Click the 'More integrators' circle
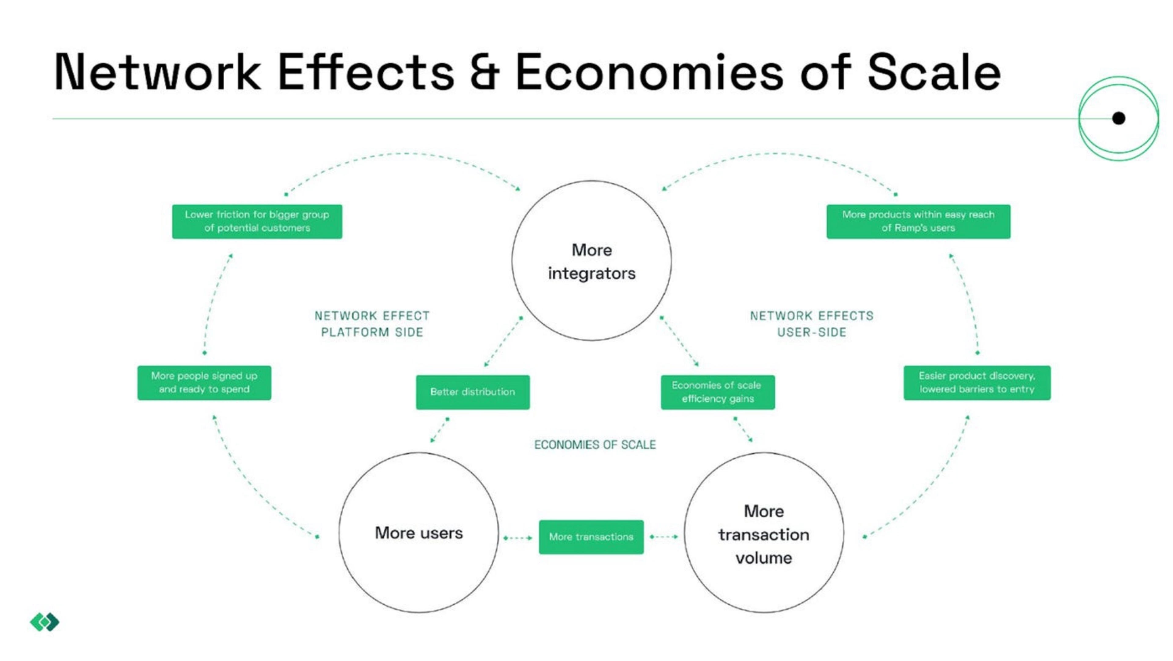tap(591, 261)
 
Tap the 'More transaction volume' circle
tap(764, 533)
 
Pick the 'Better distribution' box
tap(473, 392)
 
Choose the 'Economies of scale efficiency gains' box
tap(718, 392)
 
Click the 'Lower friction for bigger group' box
tap(257, 221)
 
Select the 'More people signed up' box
tap(204, 383)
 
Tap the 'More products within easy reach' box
tap(918, 221)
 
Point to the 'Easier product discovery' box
tap(977, 383)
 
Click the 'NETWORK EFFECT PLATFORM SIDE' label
tap(372, 324)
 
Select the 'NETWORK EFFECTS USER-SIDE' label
tap(811, 324)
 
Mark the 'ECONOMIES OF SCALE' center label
tap(595, 445)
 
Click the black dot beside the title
tap(1118, 119)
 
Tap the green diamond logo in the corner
tap(45, 622)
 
